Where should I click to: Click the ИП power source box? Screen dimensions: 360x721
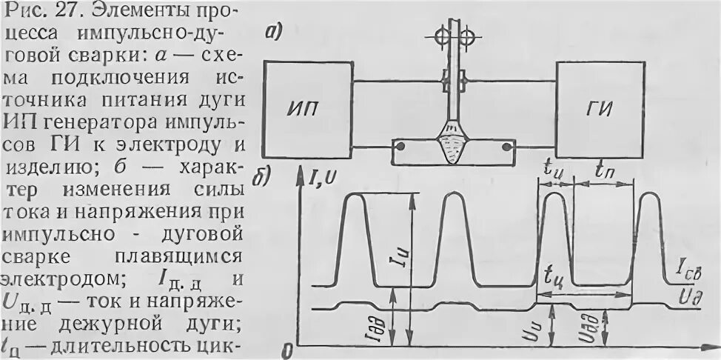pos(306,110)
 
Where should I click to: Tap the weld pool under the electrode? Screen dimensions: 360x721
pos(454,146)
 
